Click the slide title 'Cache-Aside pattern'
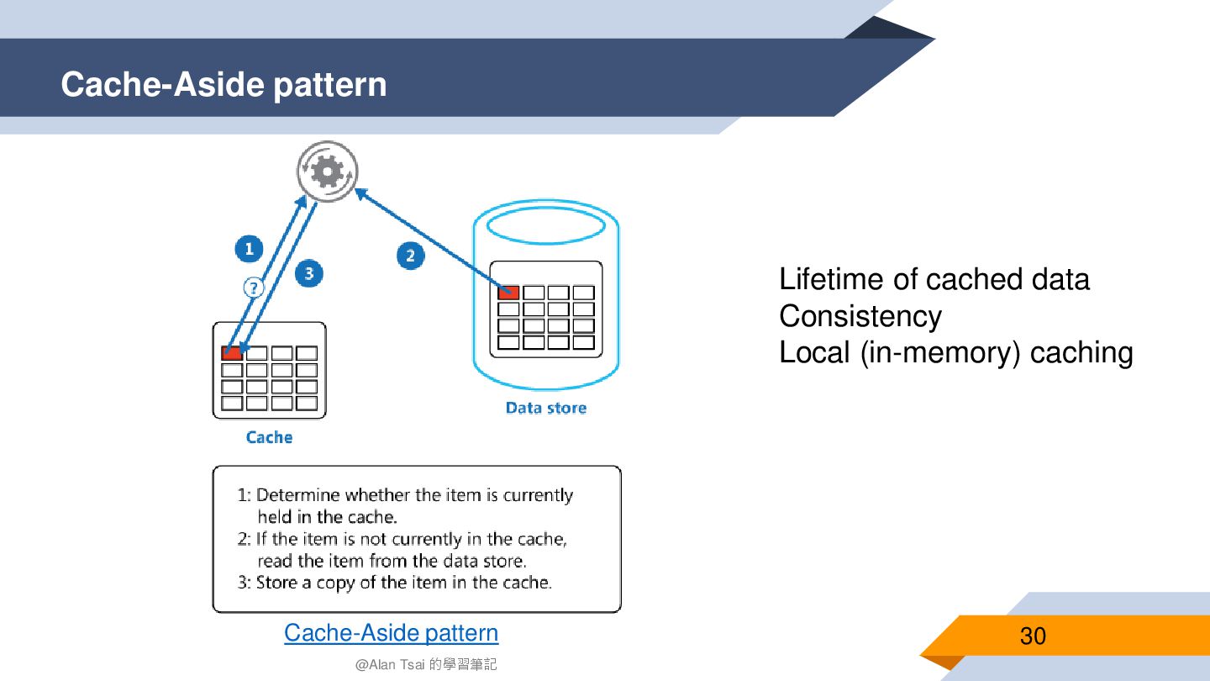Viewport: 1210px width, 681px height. [224, 85]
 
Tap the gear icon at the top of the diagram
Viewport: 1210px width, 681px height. [326, 172]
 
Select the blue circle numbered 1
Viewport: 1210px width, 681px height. [248, 249]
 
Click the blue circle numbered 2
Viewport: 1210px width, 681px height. [410, 256]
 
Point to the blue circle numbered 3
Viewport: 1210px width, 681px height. [309, 273]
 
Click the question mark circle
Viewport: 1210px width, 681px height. [253, 288]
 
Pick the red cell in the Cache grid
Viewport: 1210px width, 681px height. [232, 352]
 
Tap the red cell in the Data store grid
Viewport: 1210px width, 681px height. [508, 293]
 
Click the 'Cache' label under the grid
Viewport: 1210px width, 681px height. [269, 437]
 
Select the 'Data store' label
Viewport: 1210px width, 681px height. [546, 408]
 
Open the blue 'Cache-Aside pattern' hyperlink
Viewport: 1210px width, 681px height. [391, 632]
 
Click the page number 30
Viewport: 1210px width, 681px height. [1033, 636]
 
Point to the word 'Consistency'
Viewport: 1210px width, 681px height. [860, 316]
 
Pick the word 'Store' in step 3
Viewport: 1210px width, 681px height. [276, 582]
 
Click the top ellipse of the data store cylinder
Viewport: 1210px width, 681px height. [546, 224]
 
